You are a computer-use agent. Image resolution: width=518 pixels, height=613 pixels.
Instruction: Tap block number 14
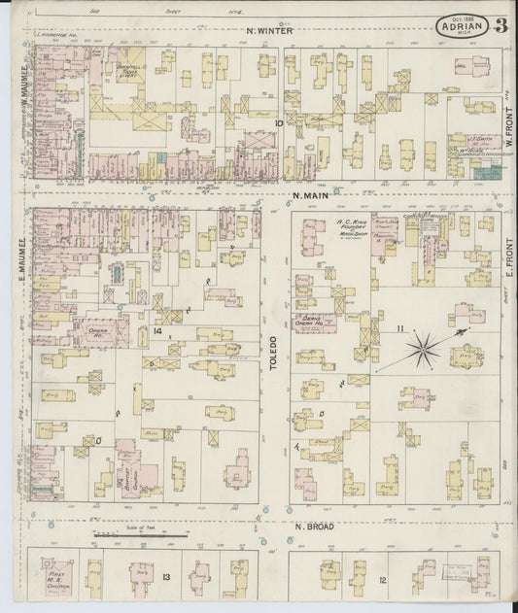[155, 314]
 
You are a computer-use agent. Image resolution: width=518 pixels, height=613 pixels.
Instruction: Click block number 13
[166, 578]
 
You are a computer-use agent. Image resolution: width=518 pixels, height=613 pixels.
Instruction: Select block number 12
[383, 580]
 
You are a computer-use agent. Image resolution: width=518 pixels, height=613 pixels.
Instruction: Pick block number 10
[278, 123]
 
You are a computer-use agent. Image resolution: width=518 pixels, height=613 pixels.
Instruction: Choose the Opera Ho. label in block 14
[101, 327]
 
